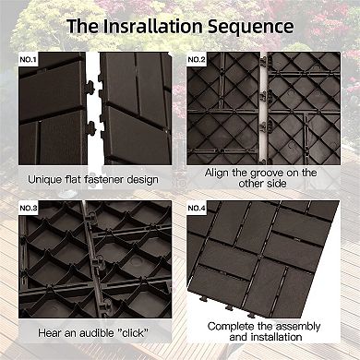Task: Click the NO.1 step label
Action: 30,60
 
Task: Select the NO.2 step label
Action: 197,60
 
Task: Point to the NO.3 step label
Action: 30,208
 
